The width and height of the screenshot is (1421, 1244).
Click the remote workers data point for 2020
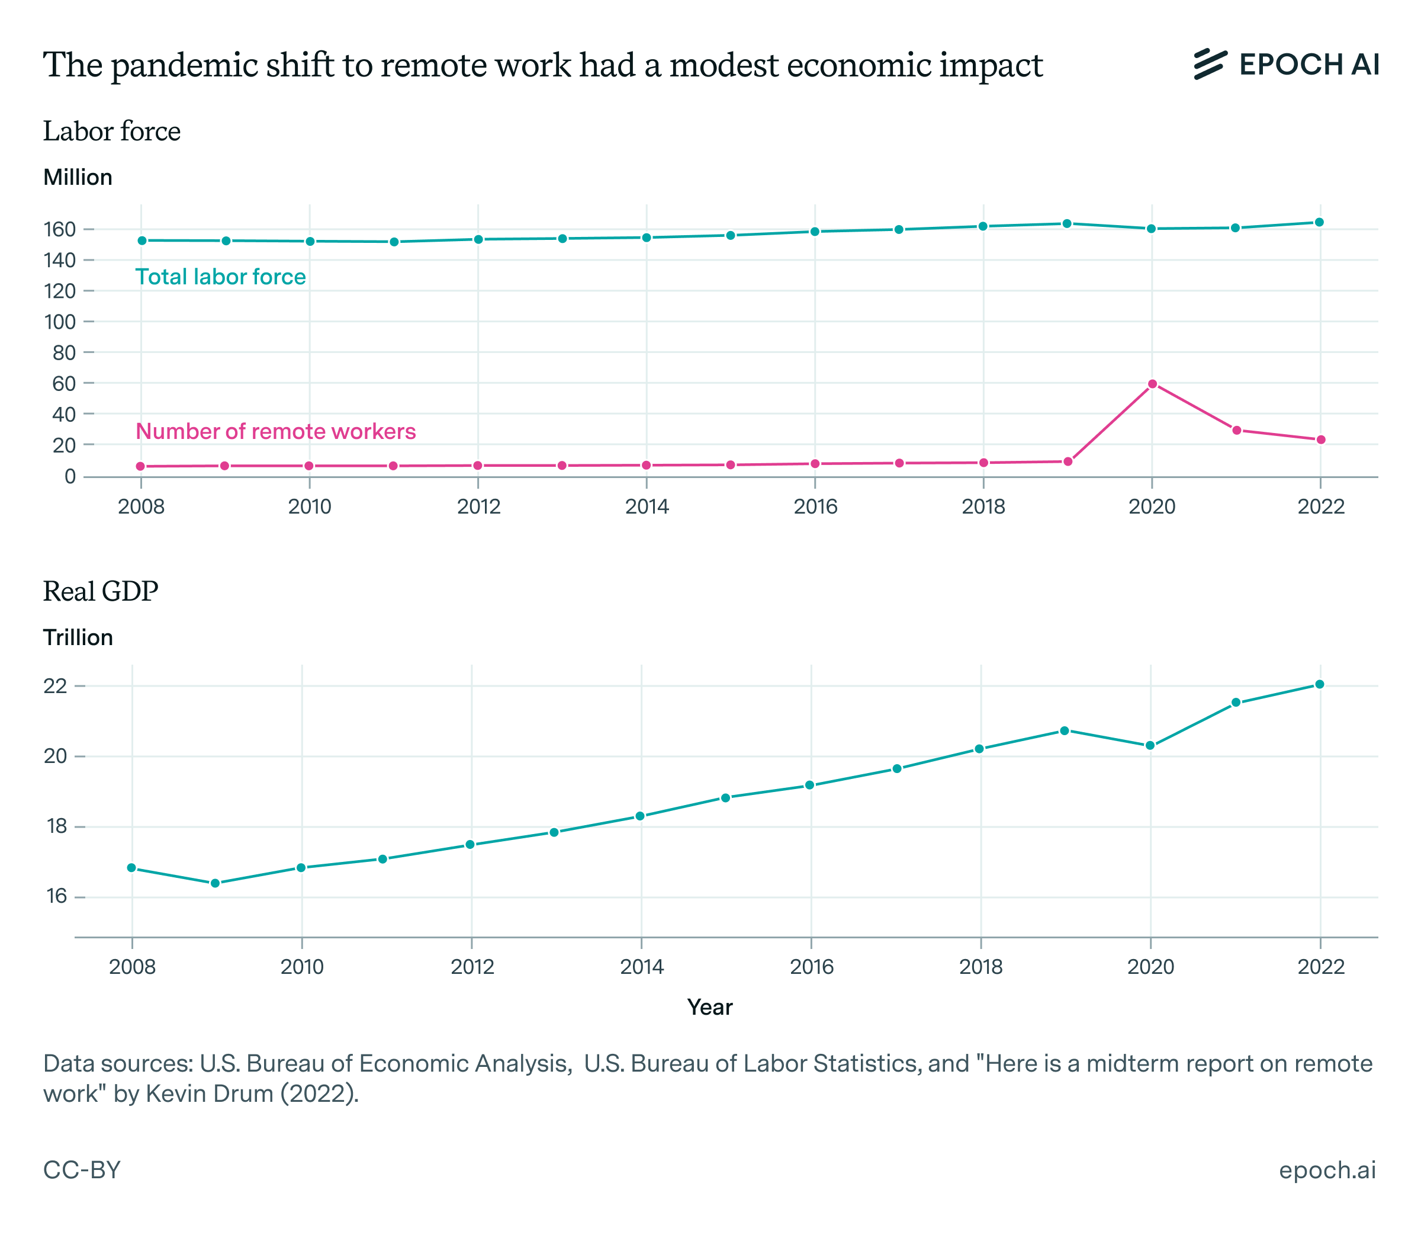1152,384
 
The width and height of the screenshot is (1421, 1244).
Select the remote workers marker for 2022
1321,440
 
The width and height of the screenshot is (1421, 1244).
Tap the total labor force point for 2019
1067,223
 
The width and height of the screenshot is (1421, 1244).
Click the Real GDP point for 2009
215,883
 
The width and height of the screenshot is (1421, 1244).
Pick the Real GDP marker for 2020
1150,746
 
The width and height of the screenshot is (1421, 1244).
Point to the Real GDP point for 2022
1320,684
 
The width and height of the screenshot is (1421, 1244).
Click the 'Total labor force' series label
221,277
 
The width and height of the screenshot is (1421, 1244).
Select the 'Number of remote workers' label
275,431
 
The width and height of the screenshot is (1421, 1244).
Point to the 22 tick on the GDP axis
56,686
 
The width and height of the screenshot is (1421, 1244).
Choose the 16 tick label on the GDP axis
56,896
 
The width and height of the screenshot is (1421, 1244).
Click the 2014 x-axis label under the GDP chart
642,967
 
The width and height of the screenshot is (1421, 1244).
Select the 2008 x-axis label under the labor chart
141,506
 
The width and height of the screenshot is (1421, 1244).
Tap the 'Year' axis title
710,1007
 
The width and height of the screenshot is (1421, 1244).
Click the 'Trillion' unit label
78,637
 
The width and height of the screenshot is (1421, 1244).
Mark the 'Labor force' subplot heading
112,131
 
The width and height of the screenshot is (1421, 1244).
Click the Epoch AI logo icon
1210,64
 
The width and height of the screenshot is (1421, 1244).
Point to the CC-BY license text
82,1170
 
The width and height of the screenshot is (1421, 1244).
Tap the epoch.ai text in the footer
1327,1170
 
